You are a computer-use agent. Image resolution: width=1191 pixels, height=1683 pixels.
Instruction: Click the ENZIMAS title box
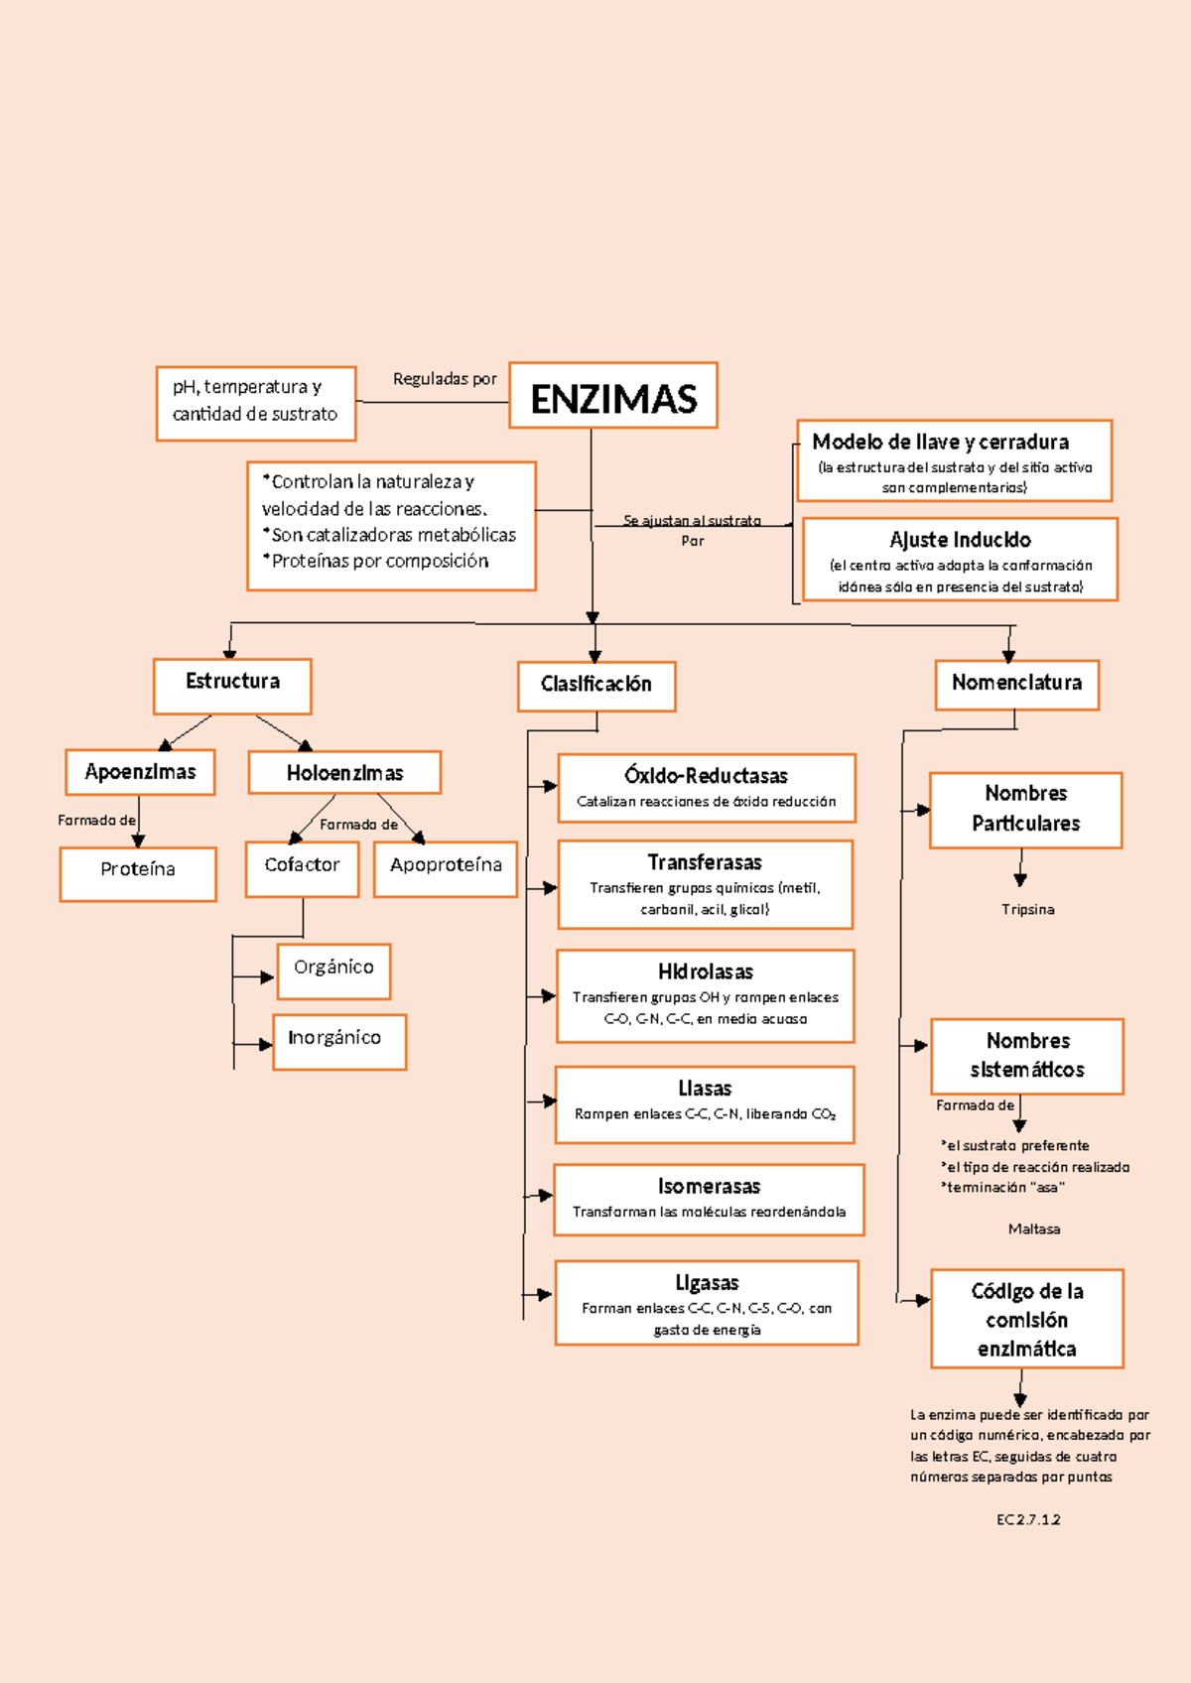612,396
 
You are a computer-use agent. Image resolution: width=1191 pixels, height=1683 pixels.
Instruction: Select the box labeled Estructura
232,686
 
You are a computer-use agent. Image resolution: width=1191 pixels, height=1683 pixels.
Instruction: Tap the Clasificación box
596,687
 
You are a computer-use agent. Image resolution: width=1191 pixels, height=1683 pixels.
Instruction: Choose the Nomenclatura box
1016,685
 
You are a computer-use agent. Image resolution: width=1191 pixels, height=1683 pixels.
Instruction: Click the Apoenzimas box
140,772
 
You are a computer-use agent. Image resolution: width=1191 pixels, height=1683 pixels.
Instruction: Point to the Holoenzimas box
344,773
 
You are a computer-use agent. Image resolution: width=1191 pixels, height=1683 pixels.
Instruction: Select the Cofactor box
302,868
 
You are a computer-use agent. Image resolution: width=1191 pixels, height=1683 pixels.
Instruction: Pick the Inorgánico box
338,1041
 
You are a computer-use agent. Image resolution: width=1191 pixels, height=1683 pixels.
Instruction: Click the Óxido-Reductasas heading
706,776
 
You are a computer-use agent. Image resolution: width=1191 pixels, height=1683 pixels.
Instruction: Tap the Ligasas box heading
707,1283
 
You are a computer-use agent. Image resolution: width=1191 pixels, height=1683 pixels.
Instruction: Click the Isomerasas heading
709,1187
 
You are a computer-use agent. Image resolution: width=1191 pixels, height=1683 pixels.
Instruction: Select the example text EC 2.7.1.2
1028,1519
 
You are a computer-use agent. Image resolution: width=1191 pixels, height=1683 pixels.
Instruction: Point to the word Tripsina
1027,909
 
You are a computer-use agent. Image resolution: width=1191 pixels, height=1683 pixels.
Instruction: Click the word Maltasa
1033,1229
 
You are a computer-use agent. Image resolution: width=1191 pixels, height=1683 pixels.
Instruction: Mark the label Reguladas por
444,379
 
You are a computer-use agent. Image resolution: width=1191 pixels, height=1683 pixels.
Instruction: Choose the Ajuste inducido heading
960,540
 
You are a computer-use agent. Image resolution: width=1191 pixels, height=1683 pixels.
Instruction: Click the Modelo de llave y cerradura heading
940,442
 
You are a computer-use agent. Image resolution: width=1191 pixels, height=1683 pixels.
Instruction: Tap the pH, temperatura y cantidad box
255,403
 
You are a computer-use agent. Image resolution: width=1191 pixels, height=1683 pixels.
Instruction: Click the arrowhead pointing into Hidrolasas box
548,995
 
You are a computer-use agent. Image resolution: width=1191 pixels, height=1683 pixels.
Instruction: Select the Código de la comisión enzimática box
1026,1319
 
